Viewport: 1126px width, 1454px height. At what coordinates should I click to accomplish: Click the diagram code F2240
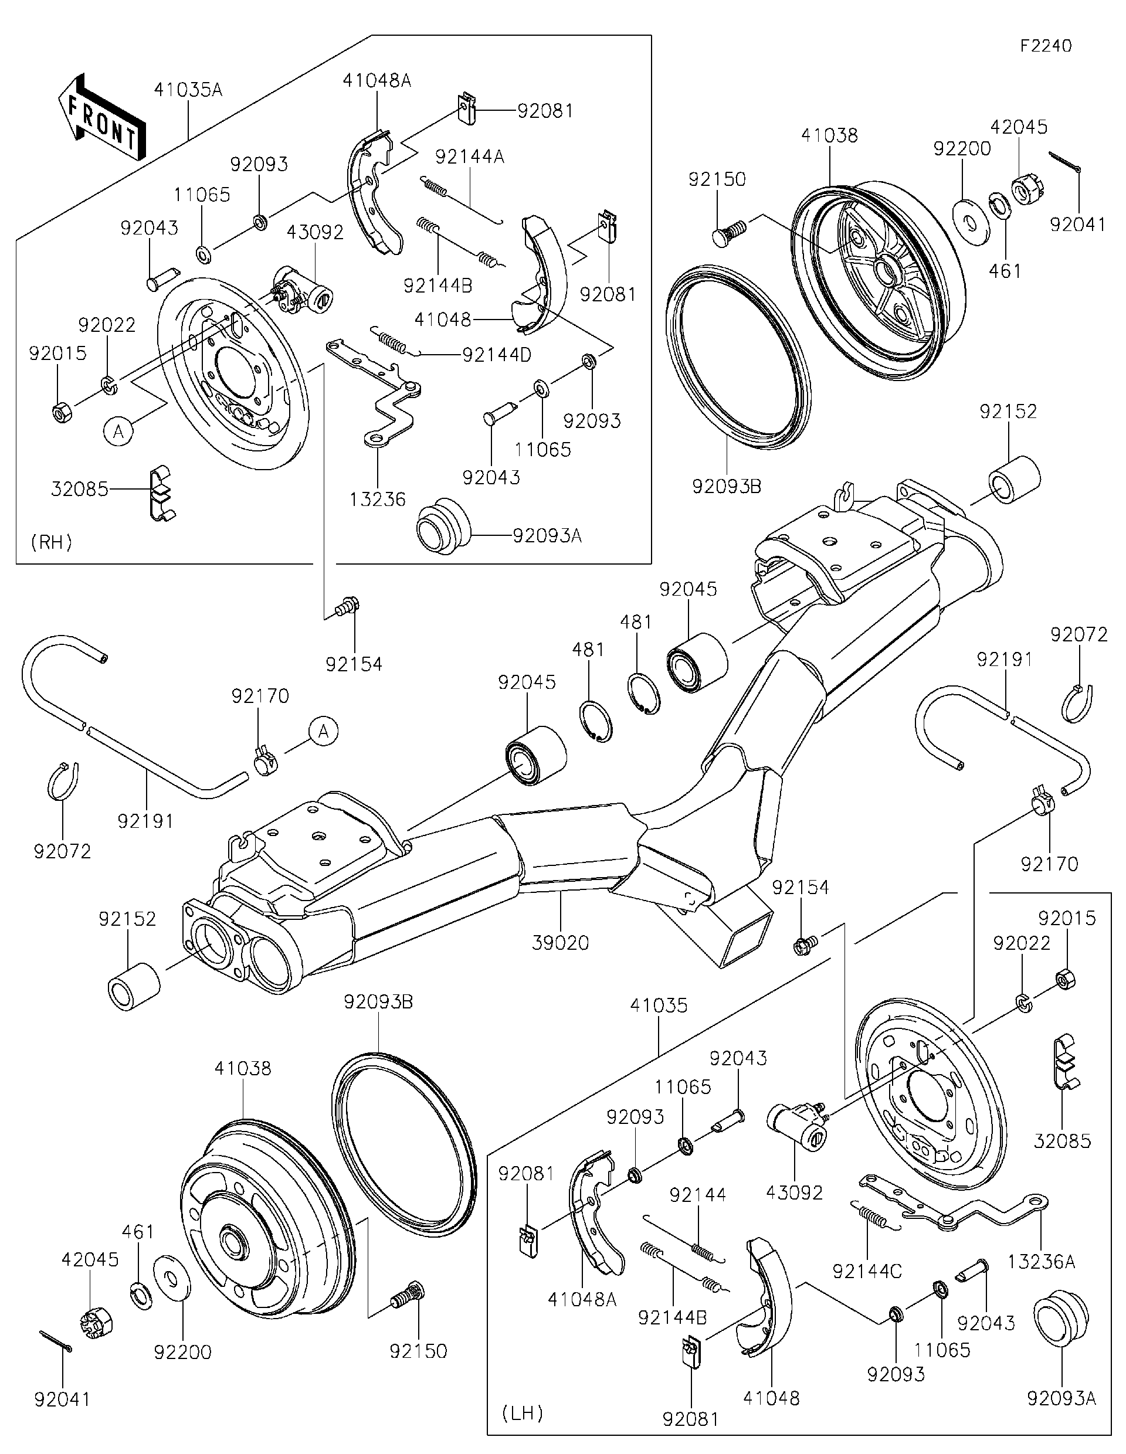coord(1046,45)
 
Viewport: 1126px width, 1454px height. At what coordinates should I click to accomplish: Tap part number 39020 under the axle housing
coord(560,943)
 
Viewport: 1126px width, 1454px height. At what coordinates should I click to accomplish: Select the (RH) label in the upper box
coord(51,542)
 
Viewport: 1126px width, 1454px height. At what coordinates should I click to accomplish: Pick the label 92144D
coord(496,355)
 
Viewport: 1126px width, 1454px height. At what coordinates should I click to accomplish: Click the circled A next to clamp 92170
coord(323,732)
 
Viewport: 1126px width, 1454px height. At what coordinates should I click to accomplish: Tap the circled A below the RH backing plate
coord(118,432)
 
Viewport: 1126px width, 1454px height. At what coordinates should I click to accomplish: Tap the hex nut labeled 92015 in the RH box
coord(61,413)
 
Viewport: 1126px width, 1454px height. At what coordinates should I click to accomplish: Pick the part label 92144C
coord(867,1271)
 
